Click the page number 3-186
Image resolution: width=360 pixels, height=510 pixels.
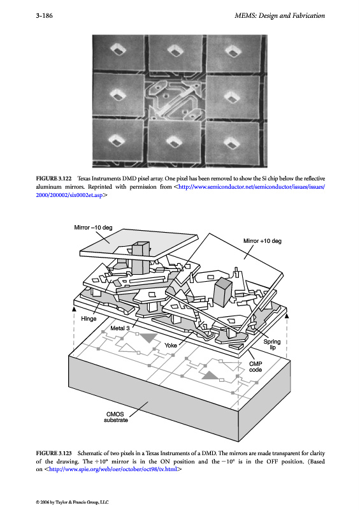click(44, 15)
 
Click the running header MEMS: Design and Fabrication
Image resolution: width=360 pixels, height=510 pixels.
click(280, 15)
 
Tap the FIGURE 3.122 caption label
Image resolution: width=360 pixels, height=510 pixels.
click(54, 178)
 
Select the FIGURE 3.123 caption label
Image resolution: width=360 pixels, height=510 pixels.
click(54, 453)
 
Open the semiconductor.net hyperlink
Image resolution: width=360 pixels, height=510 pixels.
click(180, 191)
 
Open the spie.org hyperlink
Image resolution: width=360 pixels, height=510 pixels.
click(113, 469)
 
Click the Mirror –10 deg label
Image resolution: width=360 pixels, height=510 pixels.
click(93, 228)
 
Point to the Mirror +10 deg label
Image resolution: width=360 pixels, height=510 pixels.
click(263, 241)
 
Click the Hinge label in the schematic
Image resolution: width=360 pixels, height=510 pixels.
click(89, 319)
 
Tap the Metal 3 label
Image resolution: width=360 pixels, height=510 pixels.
click(120, 328)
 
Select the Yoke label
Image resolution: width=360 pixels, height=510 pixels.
click(171, 345)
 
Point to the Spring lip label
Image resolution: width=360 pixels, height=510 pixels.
click(272, 344)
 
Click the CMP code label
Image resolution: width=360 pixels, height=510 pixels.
click(256, 367)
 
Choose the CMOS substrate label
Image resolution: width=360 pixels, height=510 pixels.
click(116, 417)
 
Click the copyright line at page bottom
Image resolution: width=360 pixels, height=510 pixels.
click(72, 502)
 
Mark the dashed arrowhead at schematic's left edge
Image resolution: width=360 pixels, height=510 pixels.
click(74, 309)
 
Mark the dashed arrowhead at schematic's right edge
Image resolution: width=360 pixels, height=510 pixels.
click(287, 315)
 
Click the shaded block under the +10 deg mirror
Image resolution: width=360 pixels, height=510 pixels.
click(223, 292)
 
